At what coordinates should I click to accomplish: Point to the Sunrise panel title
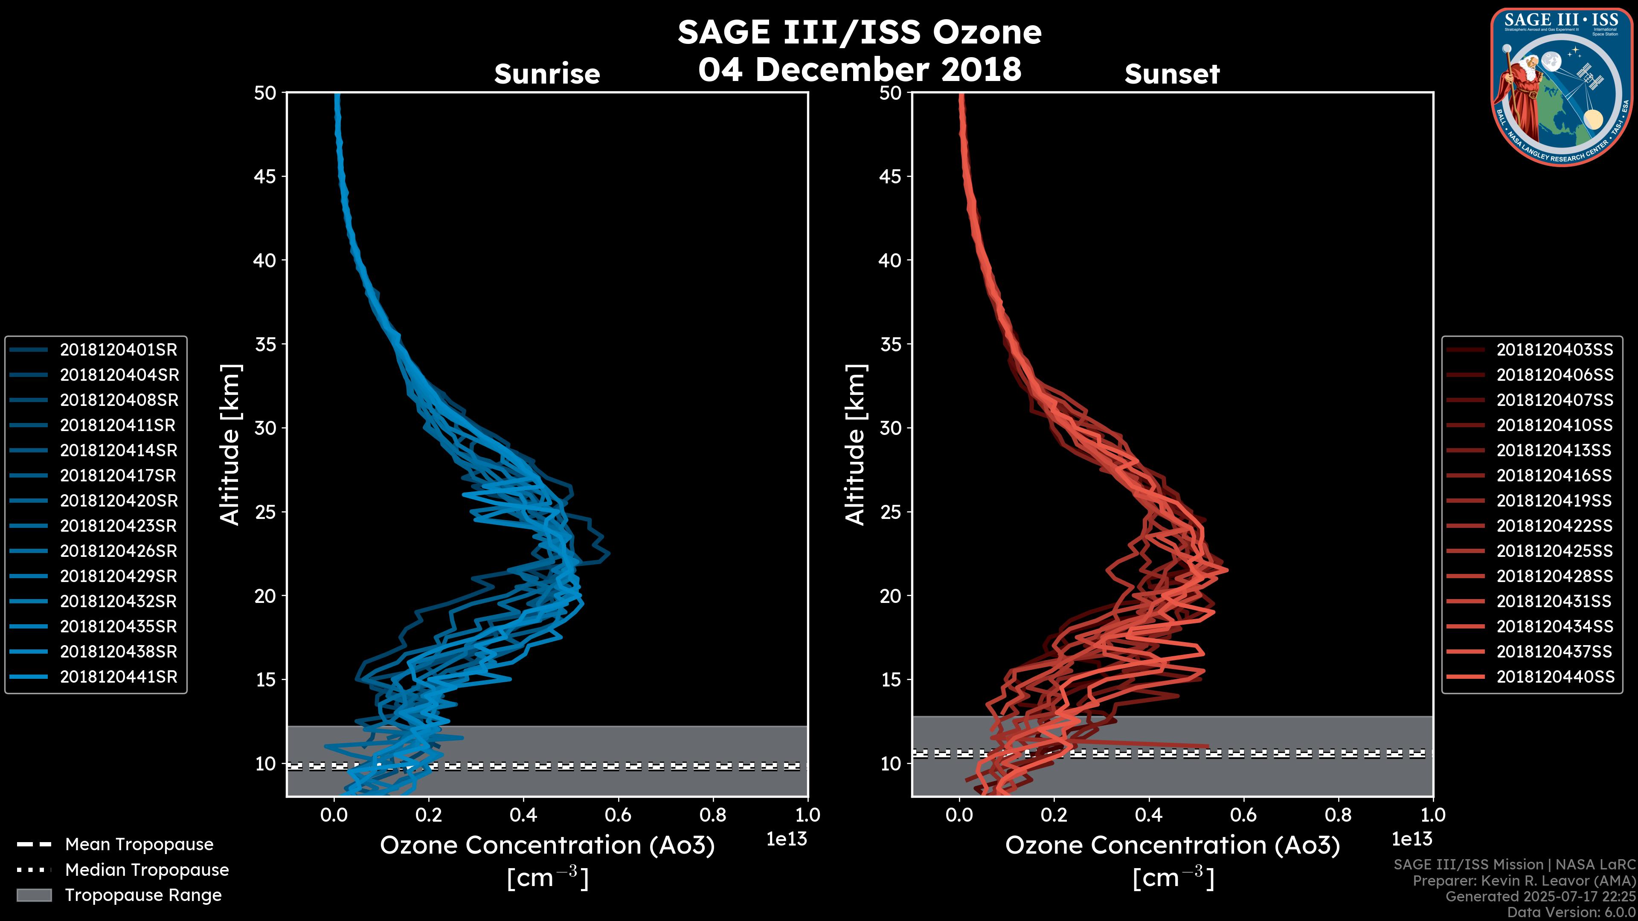click(x=547, y=74)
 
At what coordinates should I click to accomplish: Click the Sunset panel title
click(x=1172, y=74)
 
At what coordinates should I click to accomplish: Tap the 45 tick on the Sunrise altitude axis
click(x=265, y=176)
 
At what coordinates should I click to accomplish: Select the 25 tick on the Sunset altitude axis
click(x=890, y=512)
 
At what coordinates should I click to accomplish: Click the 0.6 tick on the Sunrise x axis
click(x=618, y=815)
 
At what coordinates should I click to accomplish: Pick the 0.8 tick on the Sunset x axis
click(x=1338, y=815)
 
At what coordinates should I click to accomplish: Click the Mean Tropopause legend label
click(x=139, y=845)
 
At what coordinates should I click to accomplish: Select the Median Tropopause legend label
click(x=146, y=870)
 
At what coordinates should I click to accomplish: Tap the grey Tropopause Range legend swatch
click(x=34, y=895)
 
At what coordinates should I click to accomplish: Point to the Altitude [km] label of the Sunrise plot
click(x=230, y=444)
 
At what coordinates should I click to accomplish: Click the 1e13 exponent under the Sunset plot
click(x=1411, y=839)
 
